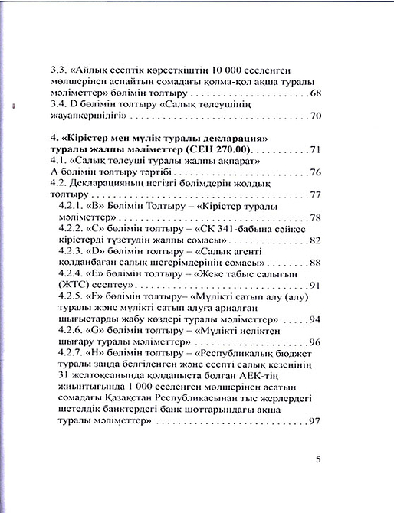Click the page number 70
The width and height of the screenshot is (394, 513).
[314, 116]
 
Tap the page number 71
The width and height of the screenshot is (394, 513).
[314, 149]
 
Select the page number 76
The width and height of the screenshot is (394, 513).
[314, 172]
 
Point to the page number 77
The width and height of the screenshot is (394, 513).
[314, 195]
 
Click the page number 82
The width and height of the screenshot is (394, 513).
[314, 240]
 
